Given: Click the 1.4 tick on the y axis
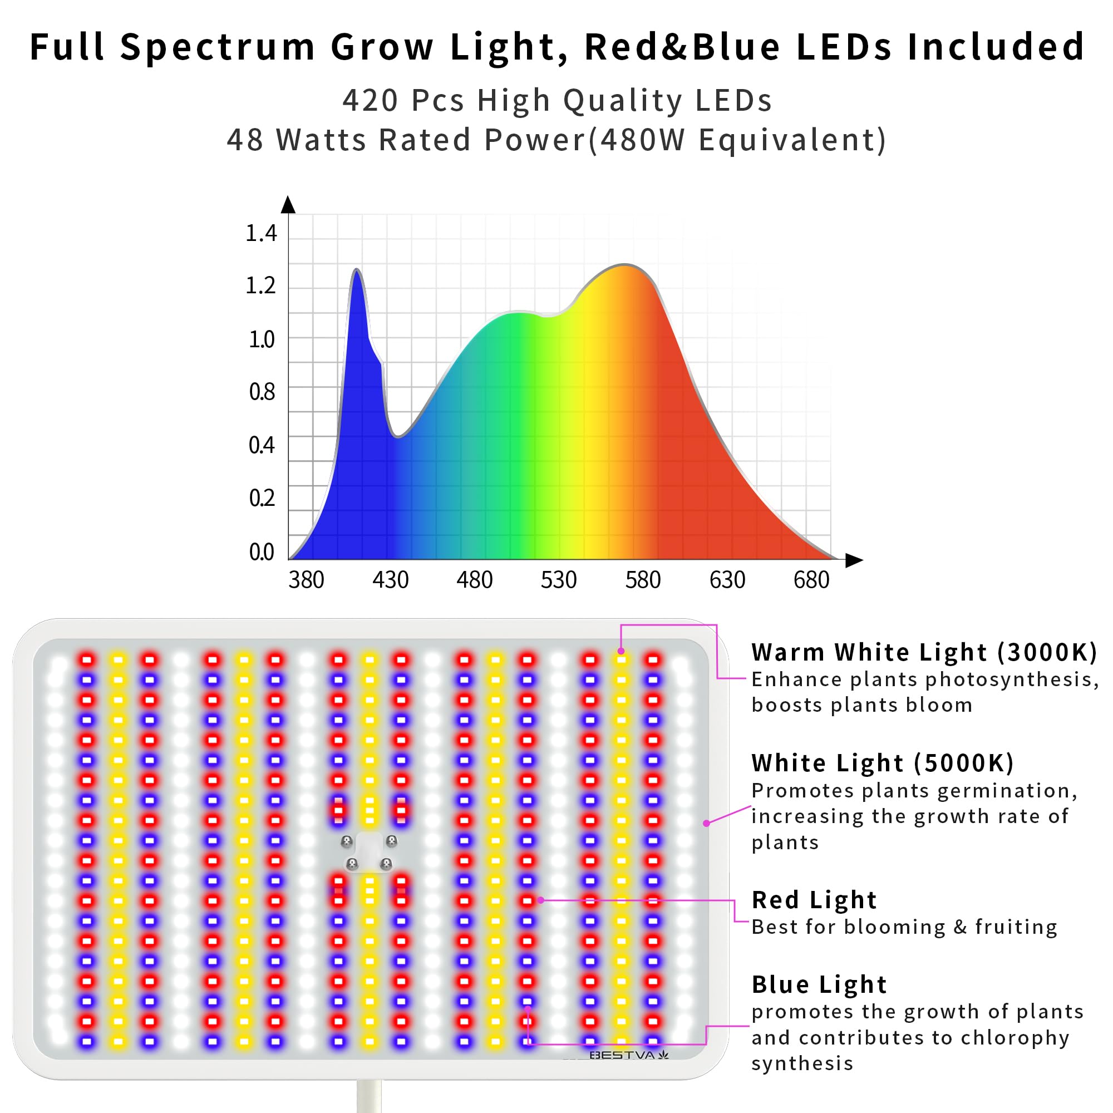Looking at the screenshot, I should (x=261, y=233).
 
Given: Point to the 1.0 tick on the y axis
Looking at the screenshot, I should (x=261, y=339).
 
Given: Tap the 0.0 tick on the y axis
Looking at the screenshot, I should (x=261, y=552).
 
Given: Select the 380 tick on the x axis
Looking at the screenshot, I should (x=306, y=580).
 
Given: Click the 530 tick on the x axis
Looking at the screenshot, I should (x=558, y=580).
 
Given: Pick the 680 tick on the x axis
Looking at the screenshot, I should (x=811, y=580).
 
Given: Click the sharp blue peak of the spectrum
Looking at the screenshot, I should (x=357, y=271).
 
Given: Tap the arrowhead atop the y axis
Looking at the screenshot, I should (x=288, y=204).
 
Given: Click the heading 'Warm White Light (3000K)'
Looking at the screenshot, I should (x=924, y=653).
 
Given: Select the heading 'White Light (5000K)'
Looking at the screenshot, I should (x=883, y=764).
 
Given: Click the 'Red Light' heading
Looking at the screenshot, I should (x=814, y=900).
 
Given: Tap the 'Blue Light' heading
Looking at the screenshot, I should (x=819, y=984).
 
